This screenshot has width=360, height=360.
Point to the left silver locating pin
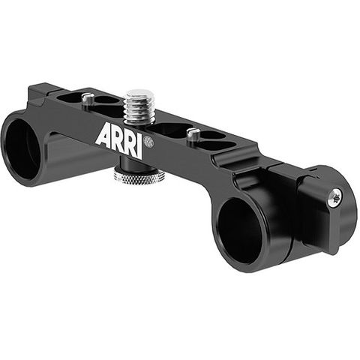tap(88, 98)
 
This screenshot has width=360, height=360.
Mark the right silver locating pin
tap(193, 134)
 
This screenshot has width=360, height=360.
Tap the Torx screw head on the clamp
tap(334, 199)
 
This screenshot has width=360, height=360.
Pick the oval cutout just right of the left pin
tap(107, 100)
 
